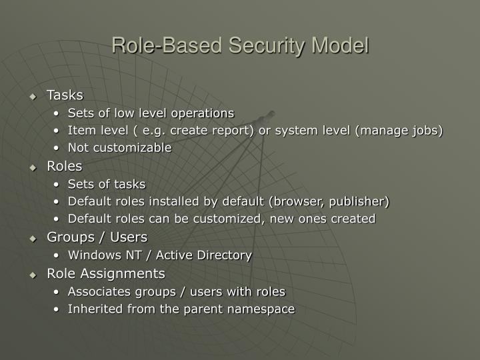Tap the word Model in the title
click(340, 46)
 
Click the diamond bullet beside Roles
click(33, 167)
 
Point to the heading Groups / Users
click(97, 237)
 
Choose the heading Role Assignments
click(105, 273)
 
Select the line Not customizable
click(119, 148)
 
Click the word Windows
click(90, 255)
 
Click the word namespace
click(262, 309)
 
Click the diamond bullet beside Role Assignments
click(33, 275)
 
